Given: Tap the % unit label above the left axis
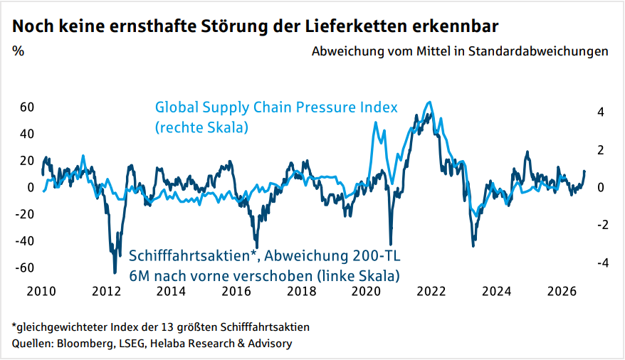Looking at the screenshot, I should click(x=18, y=51).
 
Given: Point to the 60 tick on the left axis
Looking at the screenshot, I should click(x=27, y=107).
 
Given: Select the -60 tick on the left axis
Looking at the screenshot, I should click(x=25, y=268).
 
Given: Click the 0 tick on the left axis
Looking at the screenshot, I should click(x=31, y=187).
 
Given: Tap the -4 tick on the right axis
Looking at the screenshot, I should click(x=599, y=263).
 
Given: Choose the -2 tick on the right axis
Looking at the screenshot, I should click(x=599, y=225).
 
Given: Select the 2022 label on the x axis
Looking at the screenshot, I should click(x=431, y=291).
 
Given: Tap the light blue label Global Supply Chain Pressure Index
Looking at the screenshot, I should click(x=276, y=108).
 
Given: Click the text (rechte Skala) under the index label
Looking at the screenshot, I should click(x=201, y=128).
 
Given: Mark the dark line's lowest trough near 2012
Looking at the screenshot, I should click(x=115, y=272).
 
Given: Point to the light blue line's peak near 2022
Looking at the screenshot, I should click(x=429, y=102).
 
